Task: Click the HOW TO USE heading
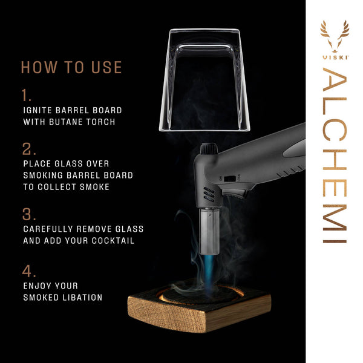click(71, 67)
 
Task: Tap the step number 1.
click(26, 96)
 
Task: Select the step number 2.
click(28, 149)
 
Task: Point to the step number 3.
click(28, 215)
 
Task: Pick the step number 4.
click(28, 270)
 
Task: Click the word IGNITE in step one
click(40, 111)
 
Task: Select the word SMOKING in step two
click(46, 175)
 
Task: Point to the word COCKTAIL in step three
click(114, 241)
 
